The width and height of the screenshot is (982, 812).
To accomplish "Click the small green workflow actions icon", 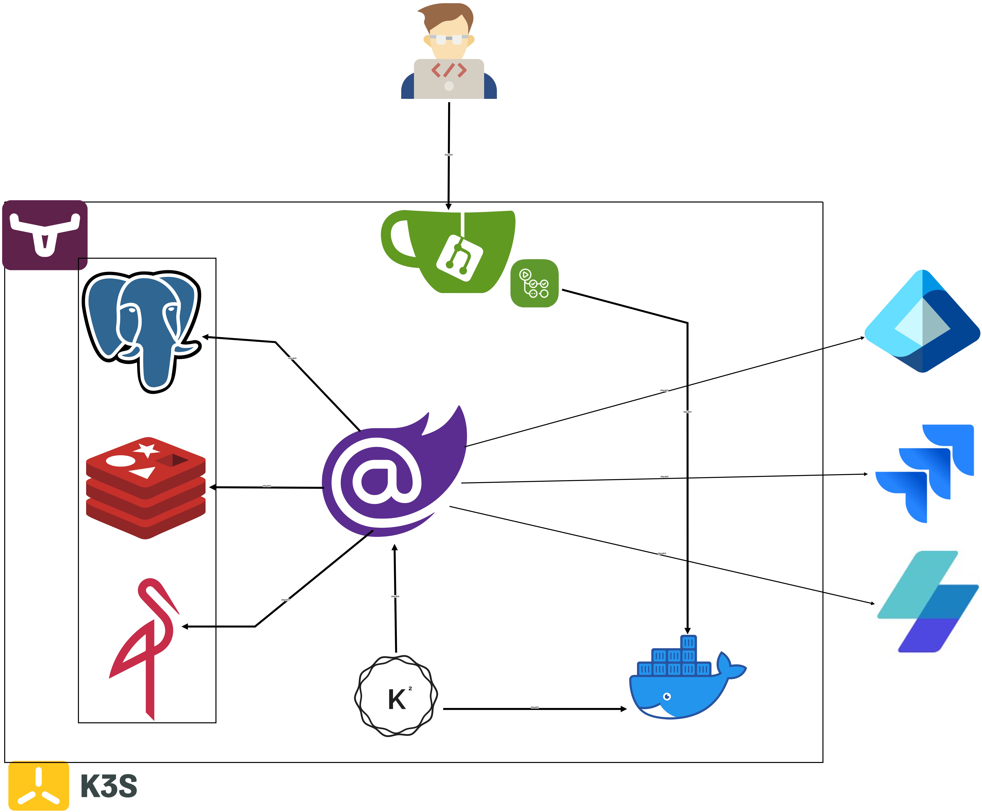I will coord(535,283).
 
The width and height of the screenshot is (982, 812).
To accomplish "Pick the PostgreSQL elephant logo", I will coord(142,327).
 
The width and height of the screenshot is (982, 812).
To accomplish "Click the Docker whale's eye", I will coord(667,696).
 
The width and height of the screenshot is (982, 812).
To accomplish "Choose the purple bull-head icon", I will coord(45,235).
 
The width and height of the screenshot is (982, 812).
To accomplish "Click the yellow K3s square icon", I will coord(39,786).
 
